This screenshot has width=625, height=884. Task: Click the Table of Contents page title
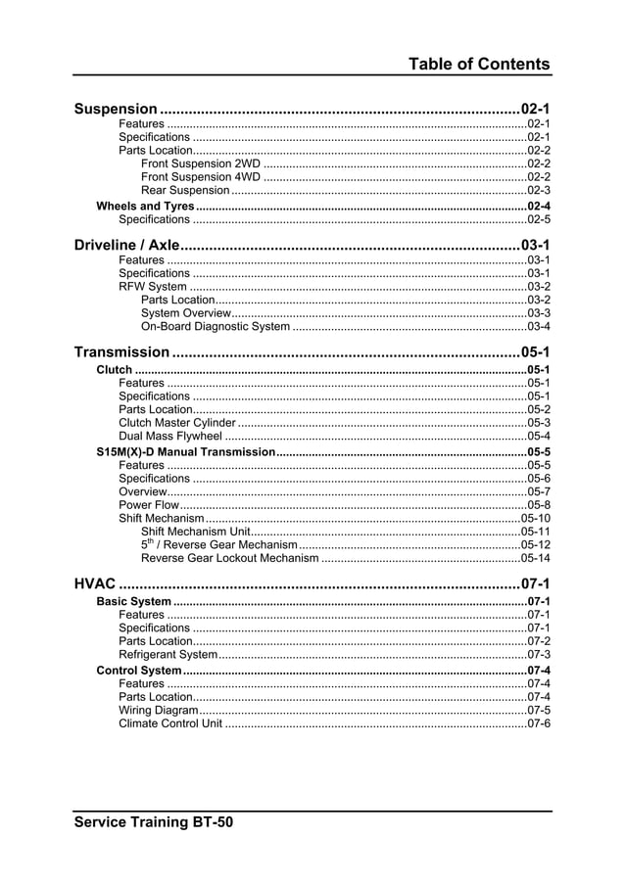(479, 65)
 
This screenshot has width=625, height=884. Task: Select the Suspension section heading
(116, 109)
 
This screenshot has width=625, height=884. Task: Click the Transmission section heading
(121, 351)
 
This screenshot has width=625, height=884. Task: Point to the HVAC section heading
(94, 584)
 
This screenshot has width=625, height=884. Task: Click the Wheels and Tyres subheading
(145, 207)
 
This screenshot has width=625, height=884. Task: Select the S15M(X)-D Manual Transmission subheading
(185, 452)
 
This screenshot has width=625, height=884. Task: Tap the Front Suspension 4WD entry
(201, 177)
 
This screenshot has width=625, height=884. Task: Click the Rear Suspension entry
(185, 191)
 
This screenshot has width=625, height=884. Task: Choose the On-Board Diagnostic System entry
(216, 326)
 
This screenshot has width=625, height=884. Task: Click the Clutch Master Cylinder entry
(177, 423)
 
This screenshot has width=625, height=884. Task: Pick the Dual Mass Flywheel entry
(170, 437)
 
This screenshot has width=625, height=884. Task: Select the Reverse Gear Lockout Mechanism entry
(230, 558)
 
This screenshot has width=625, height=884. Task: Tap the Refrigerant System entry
(168, 654)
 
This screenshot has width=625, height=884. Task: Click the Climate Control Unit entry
(170, 723)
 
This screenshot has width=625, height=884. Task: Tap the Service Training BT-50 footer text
(154, 822)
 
